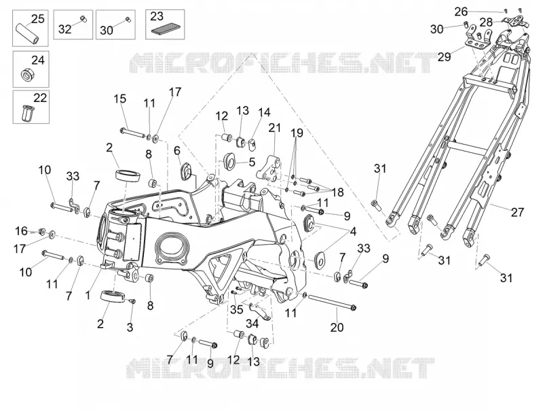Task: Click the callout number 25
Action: [38, 19]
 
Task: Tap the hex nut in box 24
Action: [26, 74]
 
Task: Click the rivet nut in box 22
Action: [26, 112]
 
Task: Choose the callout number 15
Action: [120, 99]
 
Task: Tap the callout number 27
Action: [517, 212]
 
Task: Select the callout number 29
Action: [444, 56]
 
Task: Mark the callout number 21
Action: [275, 128]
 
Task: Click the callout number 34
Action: [252, 324]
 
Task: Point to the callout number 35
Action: [236, 309]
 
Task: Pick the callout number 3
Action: [130, 327]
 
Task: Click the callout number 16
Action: [21, 230]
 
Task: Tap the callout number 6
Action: [177, 150]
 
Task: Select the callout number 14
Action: [264, 112]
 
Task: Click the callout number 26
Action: [461, 12]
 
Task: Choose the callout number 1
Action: [88, 295]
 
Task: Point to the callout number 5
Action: [252, 162]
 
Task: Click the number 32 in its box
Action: [64, 29]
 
